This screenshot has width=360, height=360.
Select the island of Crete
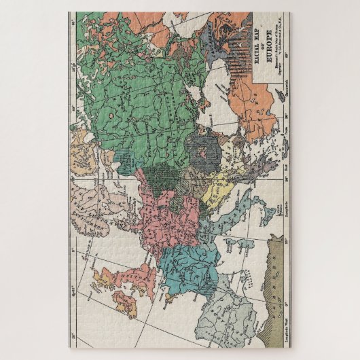[276, 153]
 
